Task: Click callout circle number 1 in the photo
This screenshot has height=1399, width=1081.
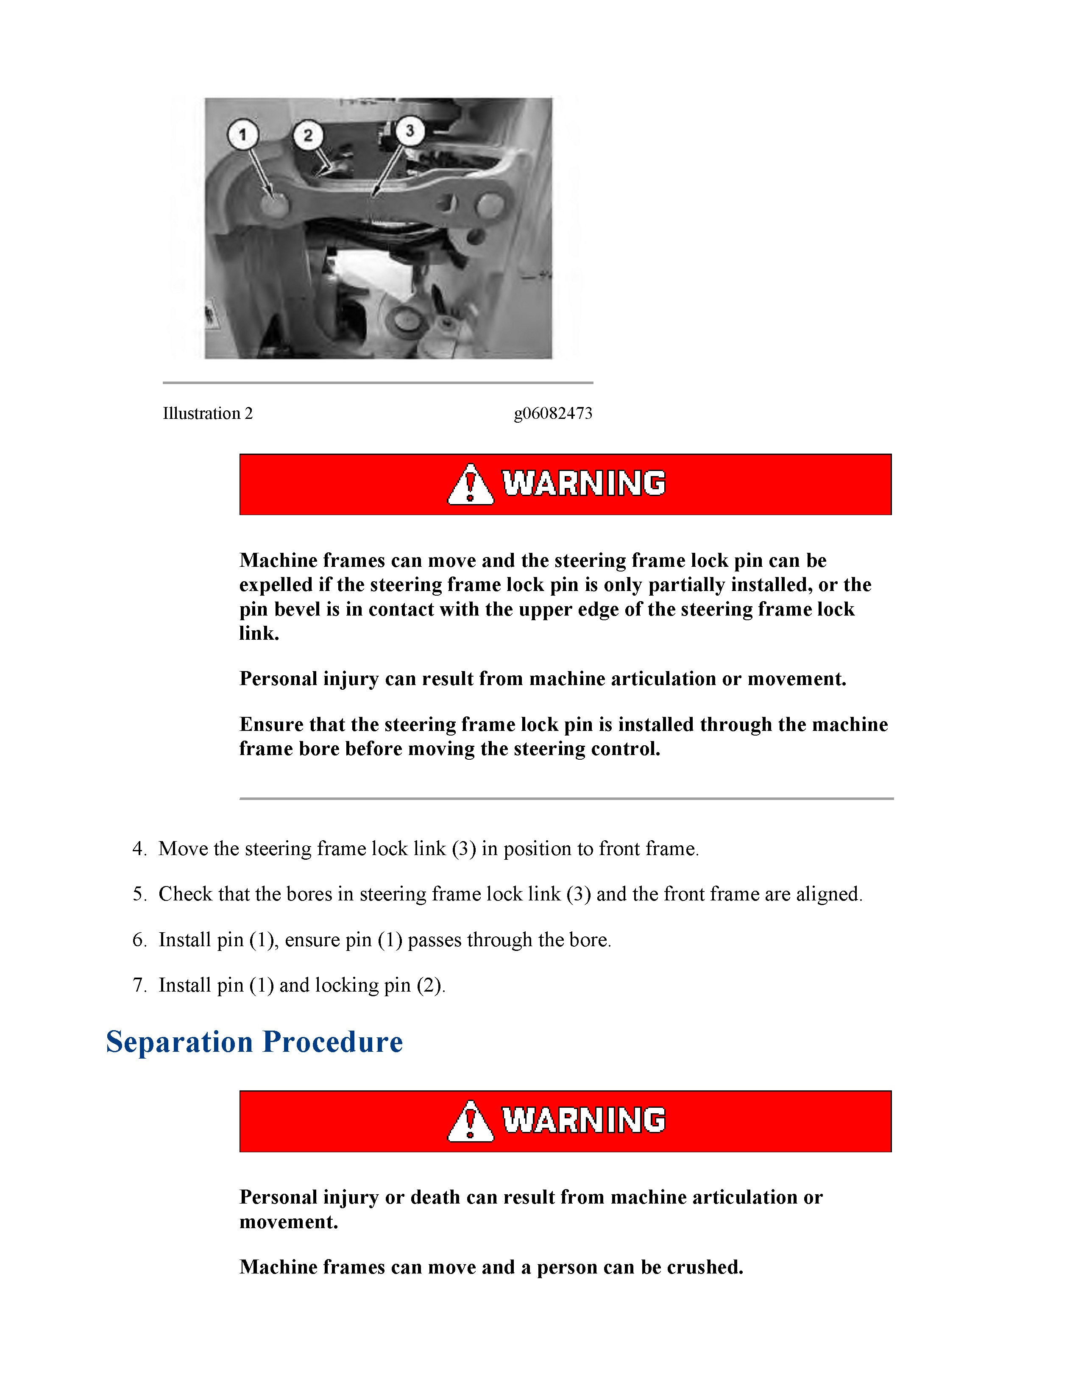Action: [243, 135]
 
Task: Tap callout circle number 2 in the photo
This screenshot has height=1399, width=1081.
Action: [308, 135]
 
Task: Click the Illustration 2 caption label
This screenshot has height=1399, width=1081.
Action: [207, 414]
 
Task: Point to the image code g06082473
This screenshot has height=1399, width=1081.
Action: [553, 414]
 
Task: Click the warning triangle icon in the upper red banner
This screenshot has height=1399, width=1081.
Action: [470, 485]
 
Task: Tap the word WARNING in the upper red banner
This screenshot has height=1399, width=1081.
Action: [583, 484]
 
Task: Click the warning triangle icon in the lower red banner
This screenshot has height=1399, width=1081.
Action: [470, 1122]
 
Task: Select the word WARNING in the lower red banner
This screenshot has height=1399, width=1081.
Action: [583, 1120]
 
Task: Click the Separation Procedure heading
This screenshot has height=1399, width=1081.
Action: [254, 1042]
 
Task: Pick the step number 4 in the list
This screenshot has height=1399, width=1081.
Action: [139, 849]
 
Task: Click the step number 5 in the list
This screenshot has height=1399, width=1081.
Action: [139, 894]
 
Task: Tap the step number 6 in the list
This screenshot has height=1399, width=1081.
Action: [139, 940]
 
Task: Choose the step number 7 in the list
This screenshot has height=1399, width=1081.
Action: [139, 985]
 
